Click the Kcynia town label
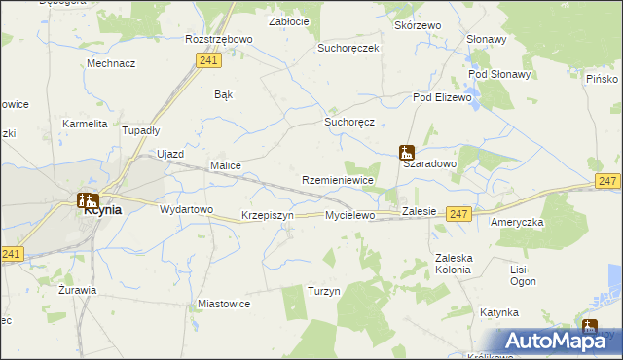point(103,209)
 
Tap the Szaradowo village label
point(430,165)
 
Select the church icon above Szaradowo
point(406,152)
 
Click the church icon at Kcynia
point(86,200)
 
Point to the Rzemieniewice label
point(338,181)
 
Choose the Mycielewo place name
point(349,215)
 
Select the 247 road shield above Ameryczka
point(608,182)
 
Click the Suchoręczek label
point(348,48)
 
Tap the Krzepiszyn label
point(267,215)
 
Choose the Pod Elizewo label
point(442,97)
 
